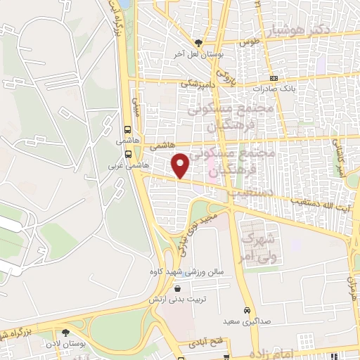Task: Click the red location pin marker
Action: coord(181,165)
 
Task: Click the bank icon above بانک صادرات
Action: coord(274,77)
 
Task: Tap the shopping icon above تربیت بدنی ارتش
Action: coord(176,288)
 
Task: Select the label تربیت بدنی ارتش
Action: coord(175,299)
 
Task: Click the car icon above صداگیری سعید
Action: coord(247,311)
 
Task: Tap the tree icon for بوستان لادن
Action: coord(65,333)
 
